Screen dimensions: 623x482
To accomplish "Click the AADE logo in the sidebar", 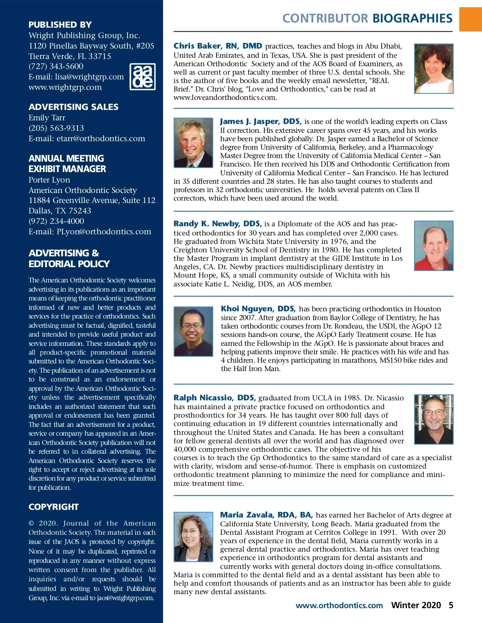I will coord(143,76).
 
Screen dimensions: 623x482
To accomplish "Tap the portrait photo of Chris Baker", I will coord(433,69).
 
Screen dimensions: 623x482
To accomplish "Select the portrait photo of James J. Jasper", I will coord(193,142).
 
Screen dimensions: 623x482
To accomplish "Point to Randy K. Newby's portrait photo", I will coord(433,246).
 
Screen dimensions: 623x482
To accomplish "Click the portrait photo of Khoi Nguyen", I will coord(193,331).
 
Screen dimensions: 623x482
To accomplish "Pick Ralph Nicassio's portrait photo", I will coord(433,419).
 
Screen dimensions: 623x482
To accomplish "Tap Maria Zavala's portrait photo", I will coord(193,536).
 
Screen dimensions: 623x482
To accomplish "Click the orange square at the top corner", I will coord(470,19).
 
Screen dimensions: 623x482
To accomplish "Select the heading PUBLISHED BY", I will coord(60,24).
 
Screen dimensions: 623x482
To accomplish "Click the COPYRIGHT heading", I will coord(53,507).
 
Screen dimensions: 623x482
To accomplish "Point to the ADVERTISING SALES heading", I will coord(74,107).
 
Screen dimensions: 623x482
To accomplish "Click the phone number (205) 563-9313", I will coord(56,128).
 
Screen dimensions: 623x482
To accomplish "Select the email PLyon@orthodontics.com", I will coord(104,231).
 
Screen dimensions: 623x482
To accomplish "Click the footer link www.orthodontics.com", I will coord(339,605).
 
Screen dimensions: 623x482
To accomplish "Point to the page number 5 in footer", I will coord(451,605).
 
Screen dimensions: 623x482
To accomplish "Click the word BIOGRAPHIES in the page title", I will coord(413,18).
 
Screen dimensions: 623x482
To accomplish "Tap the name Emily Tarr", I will coord(47,118).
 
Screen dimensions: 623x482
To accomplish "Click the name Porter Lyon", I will coord(49,180).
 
